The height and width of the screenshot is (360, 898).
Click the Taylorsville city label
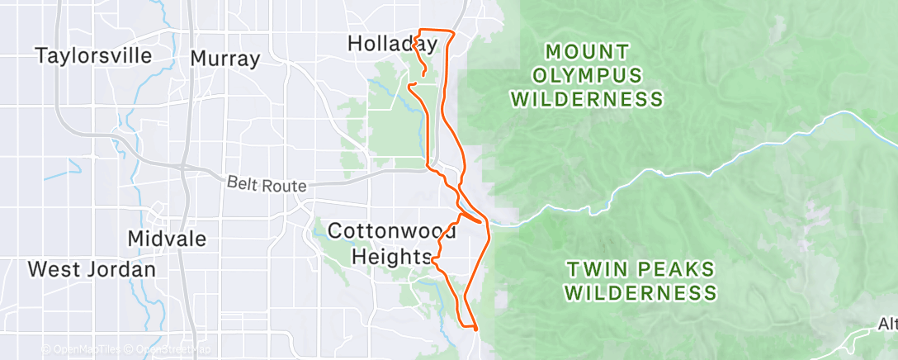tap(93, 56)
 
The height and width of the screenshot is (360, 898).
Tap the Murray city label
tap(224, 59)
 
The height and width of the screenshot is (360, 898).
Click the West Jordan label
tap(92, 270)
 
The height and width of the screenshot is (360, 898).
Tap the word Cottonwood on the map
tap(391, 231)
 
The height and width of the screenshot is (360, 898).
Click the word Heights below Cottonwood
tap(392, 257)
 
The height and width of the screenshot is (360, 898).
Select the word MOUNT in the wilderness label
tap(586, 52)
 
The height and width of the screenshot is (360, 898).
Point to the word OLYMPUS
tap(586, 76)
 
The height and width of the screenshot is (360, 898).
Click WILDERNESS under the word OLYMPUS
tap(586, 100)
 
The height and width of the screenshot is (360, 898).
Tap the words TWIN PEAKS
tap(640, 269)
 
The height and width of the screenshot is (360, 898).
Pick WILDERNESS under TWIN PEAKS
tap(641, 293)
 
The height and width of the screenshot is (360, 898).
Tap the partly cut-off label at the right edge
tap(888, 327)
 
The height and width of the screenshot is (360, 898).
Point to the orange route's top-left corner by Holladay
tap(422, 31)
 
